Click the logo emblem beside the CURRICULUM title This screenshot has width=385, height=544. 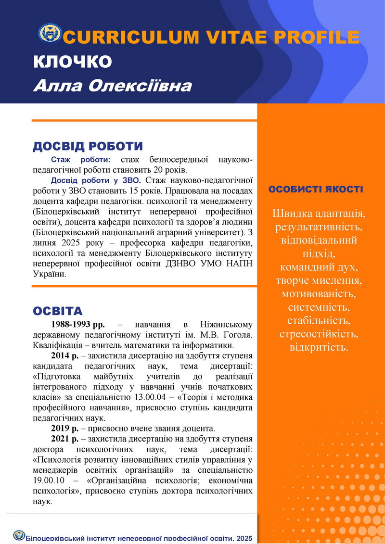click(50, 34)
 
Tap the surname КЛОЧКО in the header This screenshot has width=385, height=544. click(73, 62)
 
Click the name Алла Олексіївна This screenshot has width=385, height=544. click(112, 86)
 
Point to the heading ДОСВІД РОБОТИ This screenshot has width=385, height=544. click(88, 146)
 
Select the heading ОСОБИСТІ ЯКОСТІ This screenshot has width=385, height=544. click(316, 189)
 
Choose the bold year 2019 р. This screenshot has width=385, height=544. click(64, 428)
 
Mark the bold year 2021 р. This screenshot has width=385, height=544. click(64, 439)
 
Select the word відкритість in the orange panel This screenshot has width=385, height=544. click(319, 347)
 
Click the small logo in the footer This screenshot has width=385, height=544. click(19, 535)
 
